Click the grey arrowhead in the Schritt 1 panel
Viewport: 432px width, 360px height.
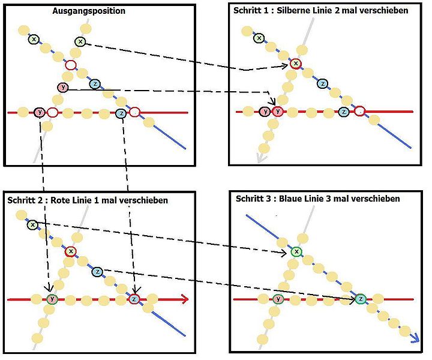click(260, 157)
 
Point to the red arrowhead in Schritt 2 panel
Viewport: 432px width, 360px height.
click(185, 299)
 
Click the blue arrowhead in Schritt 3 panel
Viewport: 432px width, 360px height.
click(413, 339)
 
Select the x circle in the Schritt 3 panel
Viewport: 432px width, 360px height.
click(295, 252)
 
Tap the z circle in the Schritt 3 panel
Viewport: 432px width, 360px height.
click(361, 298)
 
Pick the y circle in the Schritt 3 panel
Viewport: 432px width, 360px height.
click(277, 299)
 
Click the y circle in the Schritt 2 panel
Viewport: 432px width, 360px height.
click(52, 299)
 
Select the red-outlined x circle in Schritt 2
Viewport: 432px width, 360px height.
click(71, 251)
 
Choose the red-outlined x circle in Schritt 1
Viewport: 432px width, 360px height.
click(295, 64)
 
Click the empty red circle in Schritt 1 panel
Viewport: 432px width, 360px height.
click(359, 111)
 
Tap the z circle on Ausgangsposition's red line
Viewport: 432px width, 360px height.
click(121, 112)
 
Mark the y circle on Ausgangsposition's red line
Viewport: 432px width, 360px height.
click(40, 112)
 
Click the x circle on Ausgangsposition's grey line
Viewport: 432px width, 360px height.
click(80, 41)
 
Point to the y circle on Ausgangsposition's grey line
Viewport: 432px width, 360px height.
click(63, 88)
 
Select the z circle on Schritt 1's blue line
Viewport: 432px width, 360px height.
click(322, 84)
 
